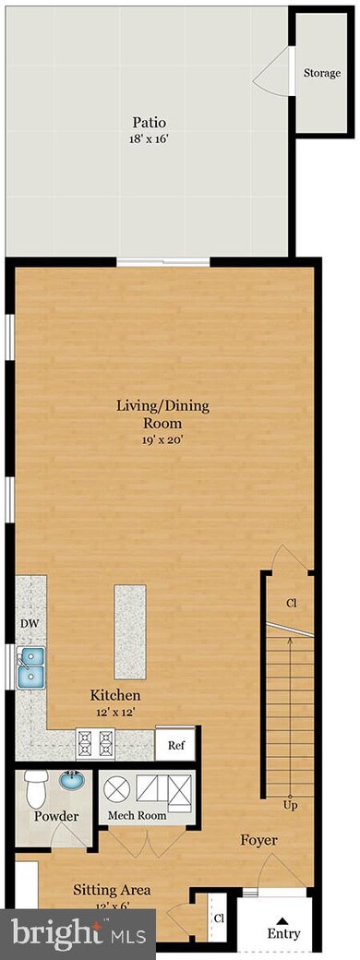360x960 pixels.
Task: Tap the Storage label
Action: coord(320,73)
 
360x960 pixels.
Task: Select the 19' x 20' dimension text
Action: coord(150,439)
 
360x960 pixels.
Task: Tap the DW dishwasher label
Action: coord(30,623)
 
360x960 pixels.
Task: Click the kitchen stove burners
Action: coord(99,739)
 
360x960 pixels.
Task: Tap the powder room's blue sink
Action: coord(71,781)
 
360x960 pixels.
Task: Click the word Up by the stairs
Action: coord(289,806)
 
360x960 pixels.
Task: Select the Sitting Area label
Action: coord(113,890)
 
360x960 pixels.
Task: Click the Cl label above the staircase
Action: coord(292,603)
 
